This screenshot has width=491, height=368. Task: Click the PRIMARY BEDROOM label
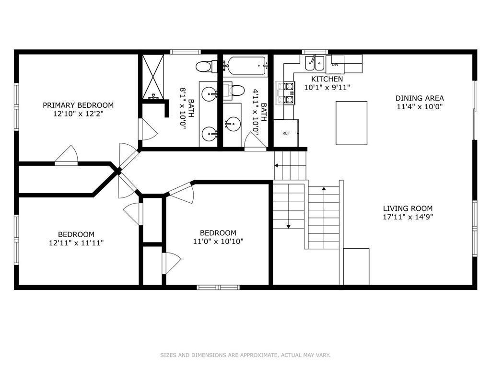(x=78, y=105)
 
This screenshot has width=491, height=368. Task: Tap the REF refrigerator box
(x=286, y=133)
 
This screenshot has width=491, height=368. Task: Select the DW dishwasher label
(x=335, y=65)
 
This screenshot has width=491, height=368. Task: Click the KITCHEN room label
(x=327, y=79)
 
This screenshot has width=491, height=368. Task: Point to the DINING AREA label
(x=420, y=98)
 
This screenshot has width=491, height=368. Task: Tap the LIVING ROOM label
(x=408, y=208)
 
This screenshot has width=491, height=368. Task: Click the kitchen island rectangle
(x=351, y=123)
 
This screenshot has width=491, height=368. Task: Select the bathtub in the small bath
(x=246, y=66)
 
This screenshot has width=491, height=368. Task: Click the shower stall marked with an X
(x=153, y=77)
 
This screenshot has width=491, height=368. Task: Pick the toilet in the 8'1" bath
(x=206, y=66)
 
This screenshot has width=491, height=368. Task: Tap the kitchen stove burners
(x=286, y=93)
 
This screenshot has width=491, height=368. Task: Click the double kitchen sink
(x=315, y=64)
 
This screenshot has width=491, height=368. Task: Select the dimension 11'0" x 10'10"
(x=218, y=241)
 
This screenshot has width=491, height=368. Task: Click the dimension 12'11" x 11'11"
(x=76, y=242)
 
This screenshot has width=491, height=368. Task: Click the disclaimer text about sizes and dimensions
(x=245, y=355)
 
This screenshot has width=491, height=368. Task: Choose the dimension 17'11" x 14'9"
(x=408, y=217)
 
